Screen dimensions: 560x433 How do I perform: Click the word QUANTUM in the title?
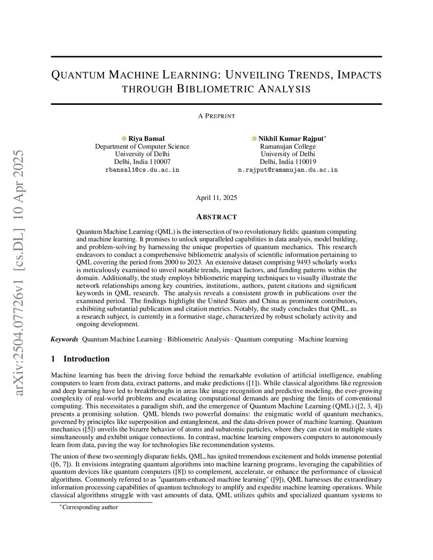(78, 76)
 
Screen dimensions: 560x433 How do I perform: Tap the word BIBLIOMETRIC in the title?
(215, 89)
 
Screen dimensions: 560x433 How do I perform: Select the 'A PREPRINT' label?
(216, 116)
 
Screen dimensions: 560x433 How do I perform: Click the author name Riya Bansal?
(146, 139)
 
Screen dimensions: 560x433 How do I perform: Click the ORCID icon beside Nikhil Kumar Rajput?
(254, 139)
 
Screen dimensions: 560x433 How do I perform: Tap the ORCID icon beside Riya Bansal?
(124, 139)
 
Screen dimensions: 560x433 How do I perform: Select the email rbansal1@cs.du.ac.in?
(142, 170)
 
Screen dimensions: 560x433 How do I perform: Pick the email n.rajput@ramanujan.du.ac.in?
(288, 170)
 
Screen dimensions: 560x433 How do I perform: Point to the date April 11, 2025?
(216, 198)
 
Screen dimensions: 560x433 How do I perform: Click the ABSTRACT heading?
(216, 217)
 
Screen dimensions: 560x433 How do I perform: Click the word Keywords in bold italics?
(64, 339)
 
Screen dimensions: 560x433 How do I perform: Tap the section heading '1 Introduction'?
(80, 359)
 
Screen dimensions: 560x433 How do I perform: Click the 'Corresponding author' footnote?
(90, 507)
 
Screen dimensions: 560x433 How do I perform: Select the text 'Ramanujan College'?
(288, 146)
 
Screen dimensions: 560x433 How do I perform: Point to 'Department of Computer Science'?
(142, 146)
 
